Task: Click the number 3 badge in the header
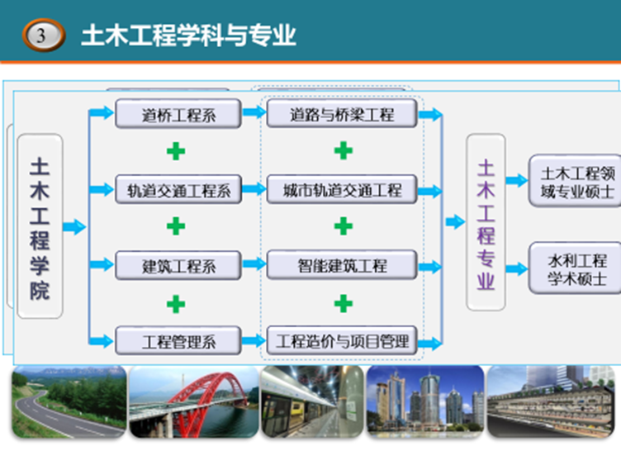click(x=44, y=36)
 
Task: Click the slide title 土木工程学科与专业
click(x=188, y=36)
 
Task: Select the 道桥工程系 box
click(x=178, y=114)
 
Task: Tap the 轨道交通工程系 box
click(x=178, y=190)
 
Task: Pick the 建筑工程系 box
click(x=178, y=265)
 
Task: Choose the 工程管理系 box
click(x=178, y=340)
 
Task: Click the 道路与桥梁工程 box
click(x=342, y=114)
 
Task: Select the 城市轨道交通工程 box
click(x=342, y=189)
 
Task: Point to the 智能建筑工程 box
click(x=342, y=265)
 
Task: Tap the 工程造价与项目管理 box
click(x=342, y=340)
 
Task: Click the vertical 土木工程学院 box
click(x=40, y=226)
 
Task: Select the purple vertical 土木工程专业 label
click(x=486, y=224)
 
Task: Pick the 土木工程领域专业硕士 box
click(x=576, y=181)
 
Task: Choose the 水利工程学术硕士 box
click(x=576, y=268)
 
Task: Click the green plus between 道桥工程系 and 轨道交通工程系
click(x=176, y=151)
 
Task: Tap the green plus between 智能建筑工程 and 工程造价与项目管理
click(x=344, y=303)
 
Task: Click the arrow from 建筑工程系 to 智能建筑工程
click(x=254, y=263)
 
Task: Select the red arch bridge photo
click(x=194, y=402)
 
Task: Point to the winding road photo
click(x=69, y=402)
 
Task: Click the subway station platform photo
click(x=312, y=402)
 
